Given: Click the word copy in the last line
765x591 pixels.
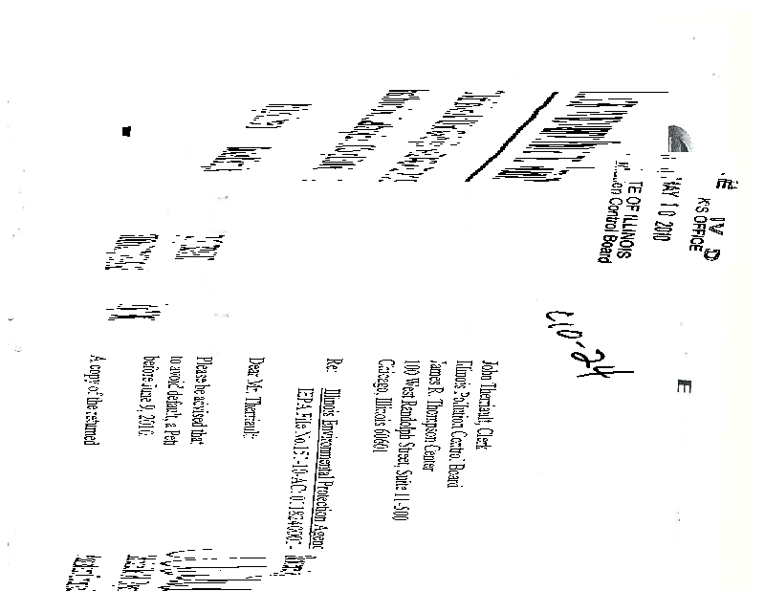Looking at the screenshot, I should (x=96, y=388).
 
